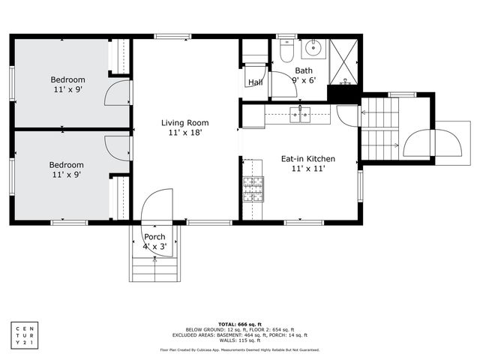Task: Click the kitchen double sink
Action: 298,114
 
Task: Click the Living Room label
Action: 184,122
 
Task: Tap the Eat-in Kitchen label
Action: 307,159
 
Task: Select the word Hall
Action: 255,82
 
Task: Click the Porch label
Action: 154,237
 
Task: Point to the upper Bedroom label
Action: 67,79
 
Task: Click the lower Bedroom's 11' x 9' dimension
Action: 66,174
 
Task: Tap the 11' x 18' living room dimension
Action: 184,133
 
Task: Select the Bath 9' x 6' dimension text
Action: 304,80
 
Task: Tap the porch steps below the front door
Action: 154,268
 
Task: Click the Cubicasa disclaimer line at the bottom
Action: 240,349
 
